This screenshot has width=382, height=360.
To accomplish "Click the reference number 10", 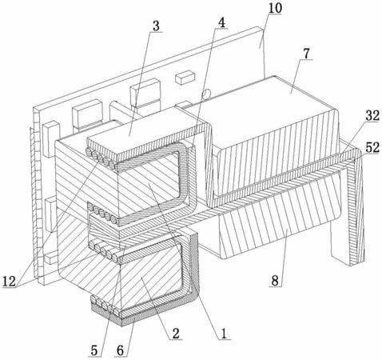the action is (275, 8).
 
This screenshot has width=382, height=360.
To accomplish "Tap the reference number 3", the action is (156, 26).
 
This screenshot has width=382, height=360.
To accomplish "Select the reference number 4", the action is (221, 23).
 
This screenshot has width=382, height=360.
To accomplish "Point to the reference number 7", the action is (306, 54).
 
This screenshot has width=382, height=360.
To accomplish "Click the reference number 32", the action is (372, 116).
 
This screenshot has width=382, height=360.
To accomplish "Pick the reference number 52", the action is (372, 147).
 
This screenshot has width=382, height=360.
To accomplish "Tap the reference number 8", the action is (275, 281).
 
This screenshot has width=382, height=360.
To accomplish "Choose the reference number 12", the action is (9, 282).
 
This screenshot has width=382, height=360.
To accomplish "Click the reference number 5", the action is (94, 351).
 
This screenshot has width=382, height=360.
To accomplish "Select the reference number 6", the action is (121, 351).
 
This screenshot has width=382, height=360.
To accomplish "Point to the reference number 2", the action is (175, 334).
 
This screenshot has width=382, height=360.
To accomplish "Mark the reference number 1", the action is (224, 334).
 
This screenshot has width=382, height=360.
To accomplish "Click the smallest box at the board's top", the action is (185, 78).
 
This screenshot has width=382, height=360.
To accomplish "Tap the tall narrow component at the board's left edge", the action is (50, 138).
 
